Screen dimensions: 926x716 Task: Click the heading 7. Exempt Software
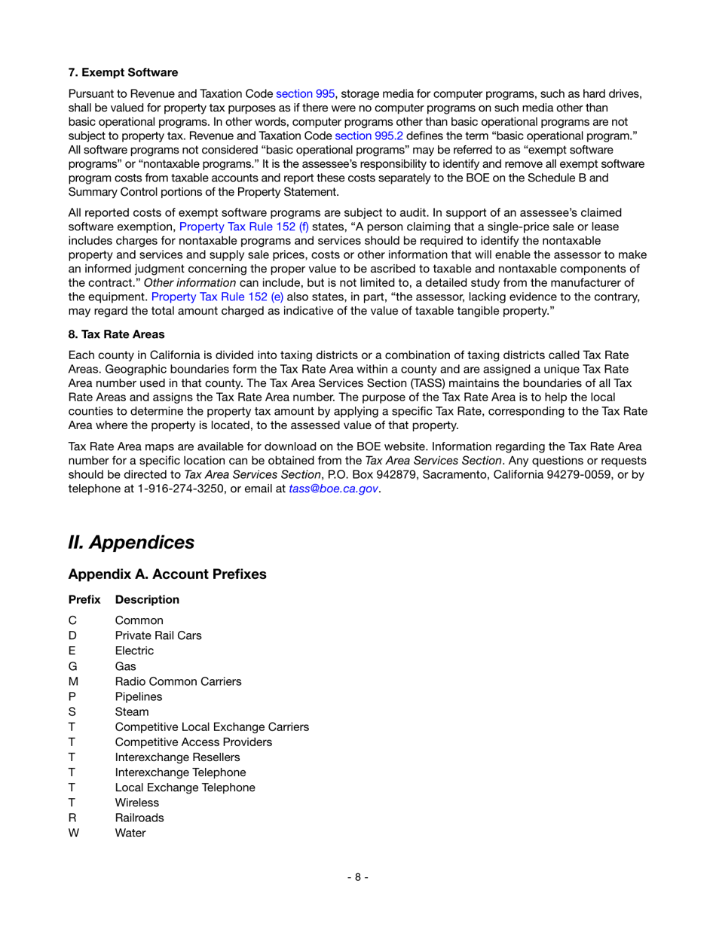coord(123,73)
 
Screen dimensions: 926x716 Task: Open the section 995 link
coord(305,94)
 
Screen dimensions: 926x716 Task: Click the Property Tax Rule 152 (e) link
coord(217,297)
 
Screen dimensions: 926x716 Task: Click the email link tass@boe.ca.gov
coord(333,489)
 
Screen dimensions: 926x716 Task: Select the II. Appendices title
coord(131,542)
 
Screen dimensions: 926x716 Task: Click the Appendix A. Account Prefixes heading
coord(167,574)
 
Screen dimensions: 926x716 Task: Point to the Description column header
coord(147,600)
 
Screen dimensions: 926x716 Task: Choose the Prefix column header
coord(84,600)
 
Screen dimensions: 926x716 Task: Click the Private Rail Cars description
coord(158,635)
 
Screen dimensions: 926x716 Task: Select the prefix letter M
coord(73,681)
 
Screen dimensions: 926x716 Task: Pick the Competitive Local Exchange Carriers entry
coord(212,727)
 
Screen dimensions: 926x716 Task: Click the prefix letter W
coord(73,833)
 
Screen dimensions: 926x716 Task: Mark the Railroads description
coord(139,818)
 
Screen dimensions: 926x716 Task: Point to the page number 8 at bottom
coord(358,877)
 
